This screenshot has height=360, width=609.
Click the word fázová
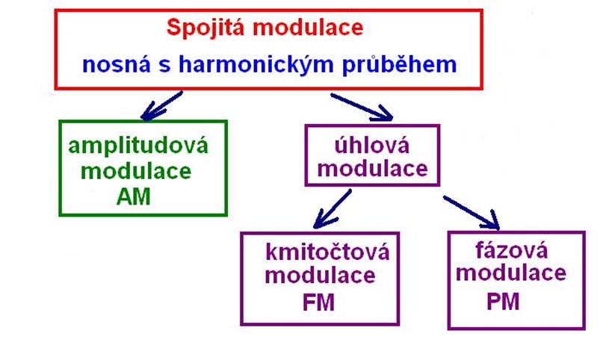510,247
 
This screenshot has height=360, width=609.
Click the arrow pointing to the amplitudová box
161,105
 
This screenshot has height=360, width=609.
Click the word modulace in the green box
136,170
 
